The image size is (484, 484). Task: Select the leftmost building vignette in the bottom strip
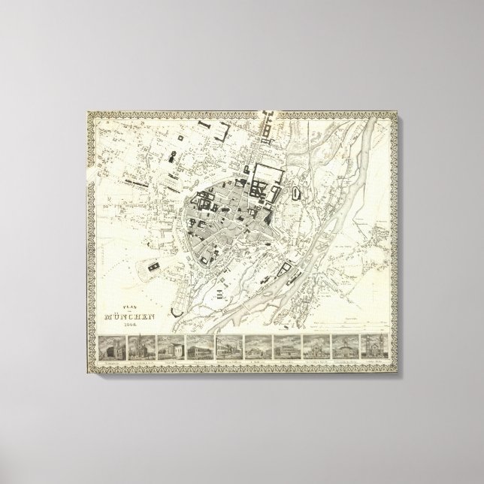pos(113,351)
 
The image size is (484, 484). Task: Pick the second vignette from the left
pos(143,351)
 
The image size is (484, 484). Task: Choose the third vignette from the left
pos(172,351)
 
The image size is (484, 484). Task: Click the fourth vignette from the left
pos(201,351)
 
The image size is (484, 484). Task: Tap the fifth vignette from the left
pos(230,351)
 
